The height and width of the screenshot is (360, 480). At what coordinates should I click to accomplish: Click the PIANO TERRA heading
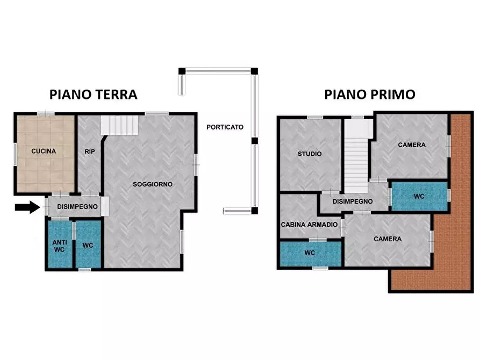[94, 95]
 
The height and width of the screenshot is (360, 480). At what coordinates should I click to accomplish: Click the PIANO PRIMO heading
[369, 95]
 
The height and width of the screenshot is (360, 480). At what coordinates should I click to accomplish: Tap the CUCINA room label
[44, 152]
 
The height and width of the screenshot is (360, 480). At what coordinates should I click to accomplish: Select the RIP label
[89, 152]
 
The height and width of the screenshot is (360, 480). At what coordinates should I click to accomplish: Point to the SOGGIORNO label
[153, 184]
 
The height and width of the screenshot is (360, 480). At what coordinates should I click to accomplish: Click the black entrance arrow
[28, 206]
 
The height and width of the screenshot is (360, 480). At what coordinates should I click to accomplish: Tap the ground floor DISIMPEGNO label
[77, 207]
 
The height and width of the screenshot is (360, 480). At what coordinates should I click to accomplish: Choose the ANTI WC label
[59, 246]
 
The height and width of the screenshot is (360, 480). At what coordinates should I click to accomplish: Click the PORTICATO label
[225, 127]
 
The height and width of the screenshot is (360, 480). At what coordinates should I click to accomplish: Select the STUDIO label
[310, 154]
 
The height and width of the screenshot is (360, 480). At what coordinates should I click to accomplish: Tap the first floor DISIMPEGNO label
[352, 201]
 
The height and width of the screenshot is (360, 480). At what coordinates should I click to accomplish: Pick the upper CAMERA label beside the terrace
[411, 145]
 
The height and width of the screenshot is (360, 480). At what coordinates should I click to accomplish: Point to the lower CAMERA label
[388, 239]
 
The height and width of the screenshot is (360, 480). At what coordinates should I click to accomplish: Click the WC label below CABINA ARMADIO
[310, 253]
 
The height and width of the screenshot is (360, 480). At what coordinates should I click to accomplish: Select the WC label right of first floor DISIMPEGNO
[419, 197]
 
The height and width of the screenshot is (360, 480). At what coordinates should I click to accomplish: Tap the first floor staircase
[355, 159]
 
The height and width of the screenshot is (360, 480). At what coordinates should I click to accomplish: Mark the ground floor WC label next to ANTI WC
[88, 246]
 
